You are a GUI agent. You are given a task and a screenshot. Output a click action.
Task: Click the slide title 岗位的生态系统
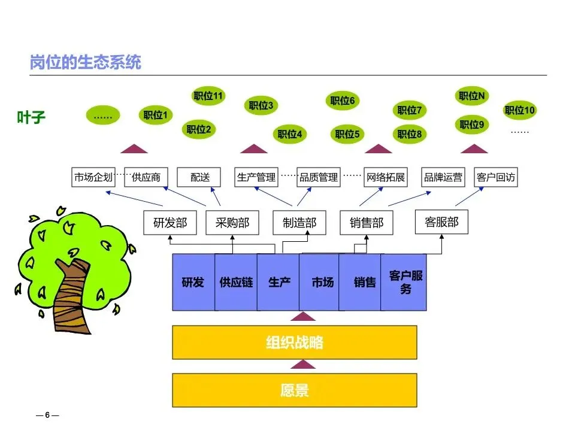[x=86, y=63]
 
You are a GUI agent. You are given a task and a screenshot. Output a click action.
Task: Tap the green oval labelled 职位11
[x=208, y=96]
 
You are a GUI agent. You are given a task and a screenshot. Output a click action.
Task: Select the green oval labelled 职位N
[x=473, y=96]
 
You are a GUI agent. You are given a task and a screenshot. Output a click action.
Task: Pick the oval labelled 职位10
[x=519, y=110]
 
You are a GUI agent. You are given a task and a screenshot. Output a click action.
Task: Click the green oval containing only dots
[x=103, y=116]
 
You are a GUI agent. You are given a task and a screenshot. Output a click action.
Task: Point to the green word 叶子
[x=31, y=117]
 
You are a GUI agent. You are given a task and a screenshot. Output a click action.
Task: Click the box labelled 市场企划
[x=93, y=177]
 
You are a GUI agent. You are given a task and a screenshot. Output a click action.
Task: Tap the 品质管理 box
[x=319, y=177]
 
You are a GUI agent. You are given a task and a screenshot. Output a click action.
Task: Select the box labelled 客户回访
[x=495, y=177]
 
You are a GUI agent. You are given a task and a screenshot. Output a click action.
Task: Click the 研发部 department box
[x=170, y=223]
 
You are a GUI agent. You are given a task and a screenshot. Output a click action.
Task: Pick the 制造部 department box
[x=299, y=223]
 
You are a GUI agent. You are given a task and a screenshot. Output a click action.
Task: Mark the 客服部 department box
[x=441, y=222]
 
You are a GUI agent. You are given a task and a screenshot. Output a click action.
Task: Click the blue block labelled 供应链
[x=236, y=282]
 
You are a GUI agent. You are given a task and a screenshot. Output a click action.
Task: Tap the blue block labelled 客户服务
[x=405, y=282]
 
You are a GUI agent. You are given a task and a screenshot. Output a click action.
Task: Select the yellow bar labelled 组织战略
[x=295, y=342]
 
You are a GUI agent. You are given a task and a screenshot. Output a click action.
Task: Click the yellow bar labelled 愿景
[x=295, y=391]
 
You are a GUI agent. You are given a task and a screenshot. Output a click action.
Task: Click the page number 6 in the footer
[x=47, y=414]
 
